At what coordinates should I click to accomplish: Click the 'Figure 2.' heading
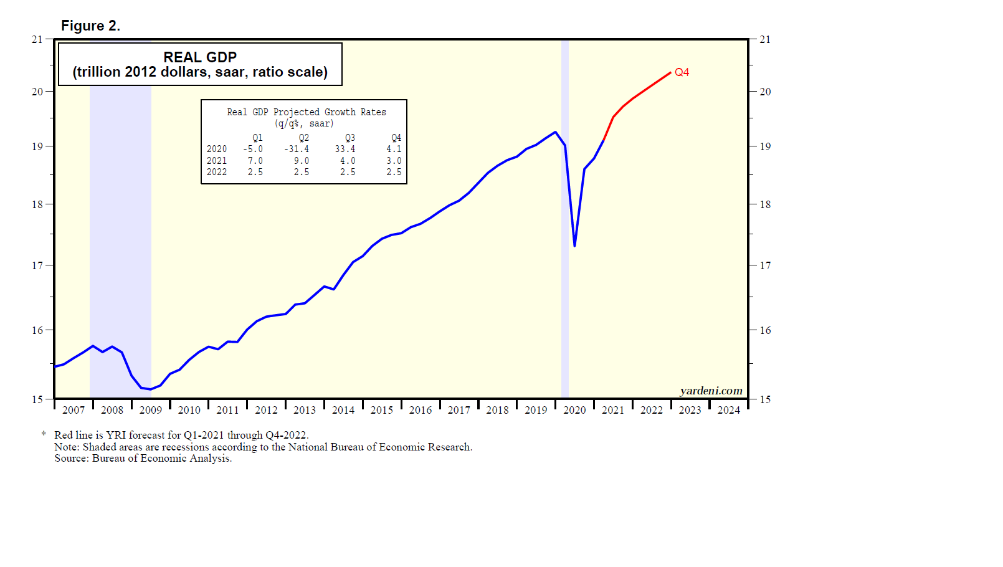90,26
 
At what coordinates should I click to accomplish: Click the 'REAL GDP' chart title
200,57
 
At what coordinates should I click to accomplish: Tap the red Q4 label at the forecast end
682,72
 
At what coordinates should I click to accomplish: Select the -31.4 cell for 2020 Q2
297,149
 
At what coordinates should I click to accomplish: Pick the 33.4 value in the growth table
345,149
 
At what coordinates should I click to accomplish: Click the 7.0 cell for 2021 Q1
255,161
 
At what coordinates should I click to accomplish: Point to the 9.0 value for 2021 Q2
302,161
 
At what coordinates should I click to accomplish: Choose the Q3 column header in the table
350,138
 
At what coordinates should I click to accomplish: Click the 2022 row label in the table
217,172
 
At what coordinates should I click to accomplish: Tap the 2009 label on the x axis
151,410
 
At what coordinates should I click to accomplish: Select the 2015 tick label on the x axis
382,410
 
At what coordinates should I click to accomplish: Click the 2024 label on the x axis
729,410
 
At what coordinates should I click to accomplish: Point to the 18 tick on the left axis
37,204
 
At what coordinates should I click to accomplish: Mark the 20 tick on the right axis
765,92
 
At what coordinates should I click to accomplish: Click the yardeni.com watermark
711,391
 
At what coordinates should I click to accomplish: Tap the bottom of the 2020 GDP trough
574,245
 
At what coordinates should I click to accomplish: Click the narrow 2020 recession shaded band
565,312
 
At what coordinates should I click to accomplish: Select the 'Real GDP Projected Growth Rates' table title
307,112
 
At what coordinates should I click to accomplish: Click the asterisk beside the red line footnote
44,434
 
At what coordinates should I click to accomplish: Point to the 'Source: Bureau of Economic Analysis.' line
143,459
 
